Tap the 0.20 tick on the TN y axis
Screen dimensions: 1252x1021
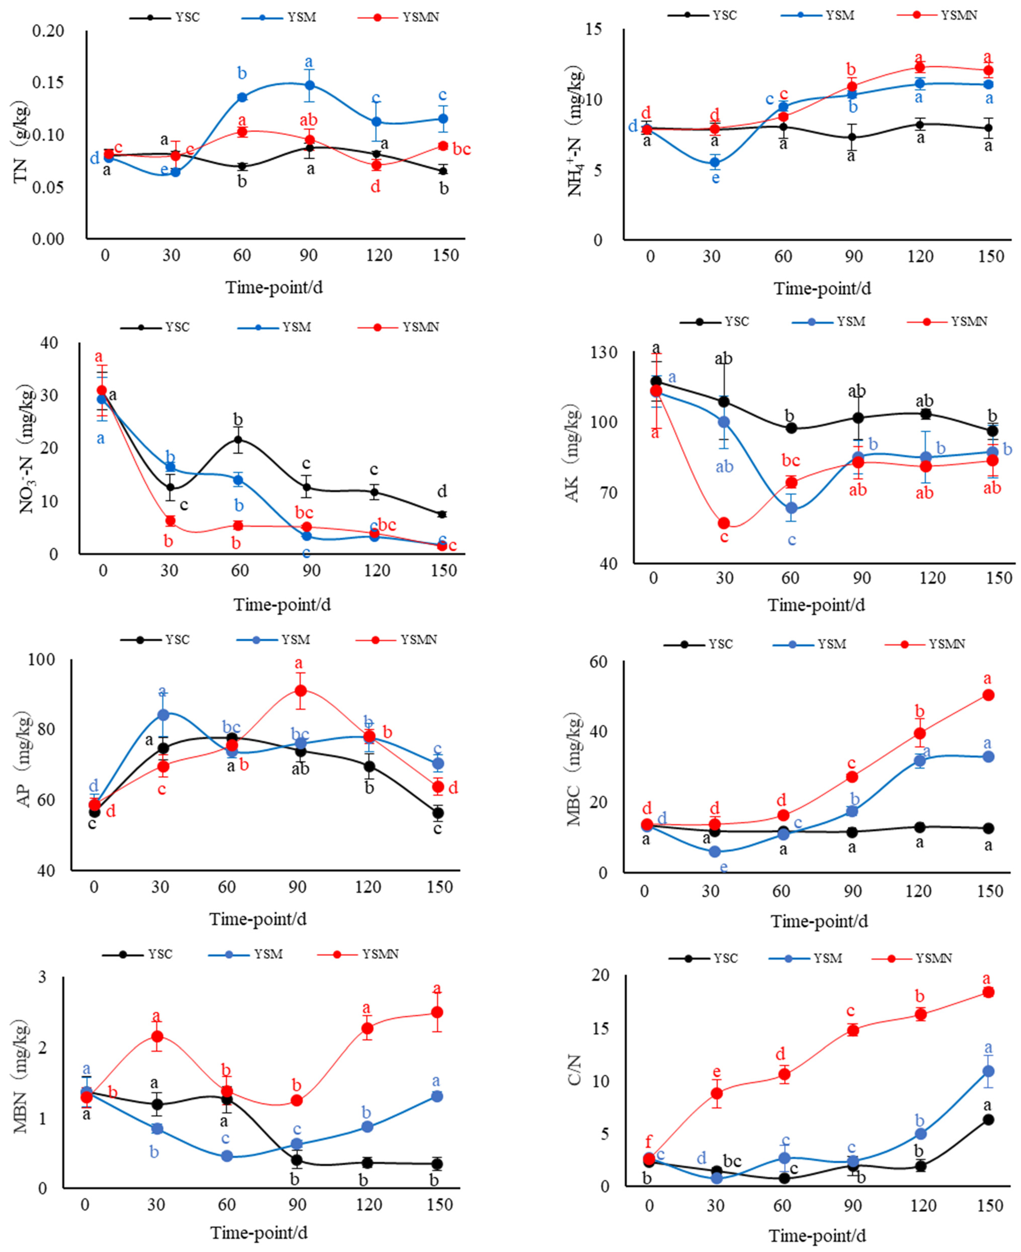point(48,31)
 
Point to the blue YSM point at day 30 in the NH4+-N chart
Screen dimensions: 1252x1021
point(715,162)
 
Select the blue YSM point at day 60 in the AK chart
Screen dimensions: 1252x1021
point(792,507)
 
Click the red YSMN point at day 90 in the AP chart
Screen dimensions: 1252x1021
point(300,690)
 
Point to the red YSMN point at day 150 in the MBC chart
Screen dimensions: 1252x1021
point(988,695)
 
